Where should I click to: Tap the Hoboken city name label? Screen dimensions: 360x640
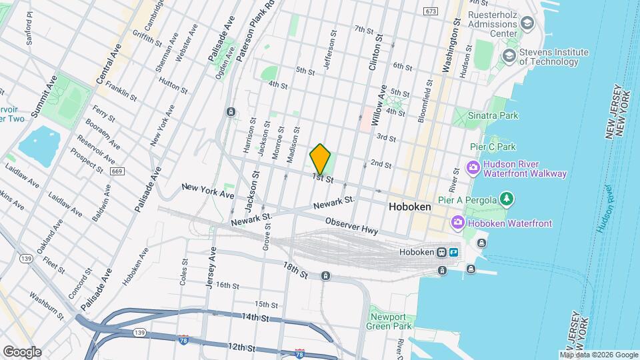coord(409,207)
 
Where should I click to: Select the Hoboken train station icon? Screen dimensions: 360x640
coord(441,253)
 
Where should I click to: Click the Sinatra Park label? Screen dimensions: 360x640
coord(499,115)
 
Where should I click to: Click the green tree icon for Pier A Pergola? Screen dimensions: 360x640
coord(507,199)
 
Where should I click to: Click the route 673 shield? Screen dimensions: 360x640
coord(430,11)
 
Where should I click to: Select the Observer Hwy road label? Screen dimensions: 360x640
coord(351,226)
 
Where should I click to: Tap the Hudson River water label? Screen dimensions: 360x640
coord(609,210)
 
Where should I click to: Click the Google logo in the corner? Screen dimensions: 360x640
coord(22,351)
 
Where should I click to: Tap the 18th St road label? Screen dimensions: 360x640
coord(295,270)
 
